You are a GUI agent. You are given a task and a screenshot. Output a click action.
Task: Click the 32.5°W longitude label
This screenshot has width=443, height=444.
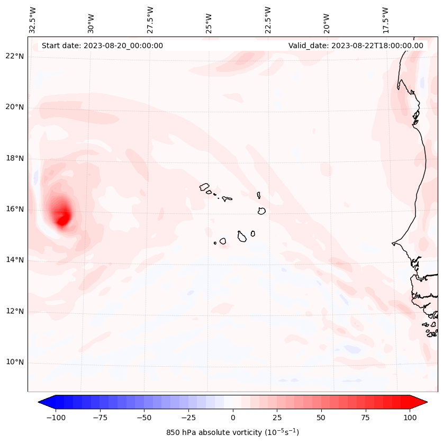[32, 21]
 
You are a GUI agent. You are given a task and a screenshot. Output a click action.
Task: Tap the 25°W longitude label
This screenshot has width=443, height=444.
[209, 23]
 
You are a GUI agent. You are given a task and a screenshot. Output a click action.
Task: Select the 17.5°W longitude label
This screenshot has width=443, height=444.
[385, 21]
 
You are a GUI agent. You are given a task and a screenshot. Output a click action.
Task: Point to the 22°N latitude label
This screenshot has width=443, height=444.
[15, 56]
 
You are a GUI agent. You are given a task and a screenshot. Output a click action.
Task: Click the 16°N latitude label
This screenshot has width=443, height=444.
[15, 209]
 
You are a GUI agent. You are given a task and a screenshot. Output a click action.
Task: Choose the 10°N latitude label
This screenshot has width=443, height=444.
[15, 362]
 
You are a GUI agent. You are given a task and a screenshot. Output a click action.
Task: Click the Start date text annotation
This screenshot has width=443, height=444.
[102, 46]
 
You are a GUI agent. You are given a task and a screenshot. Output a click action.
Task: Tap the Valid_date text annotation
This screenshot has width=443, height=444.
[356, 46]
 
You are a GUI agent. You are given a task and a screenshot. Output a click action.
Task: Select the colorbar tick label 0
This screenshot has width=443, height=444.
[233, 418]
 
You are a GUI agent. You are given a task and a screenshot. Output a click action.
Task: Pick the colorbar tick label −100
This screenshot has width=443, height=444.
[56, 418]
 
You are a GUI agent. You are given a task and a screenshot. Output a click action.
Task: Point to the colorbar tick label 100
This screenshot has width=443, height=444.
[410, 418]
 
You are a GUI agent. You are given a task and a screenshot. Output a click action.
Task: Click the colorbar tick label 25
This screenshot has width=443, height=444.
[277, 418]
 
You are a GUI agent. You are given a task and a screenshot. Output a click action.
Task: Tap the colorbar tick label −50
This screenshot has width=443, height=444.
[144, 418]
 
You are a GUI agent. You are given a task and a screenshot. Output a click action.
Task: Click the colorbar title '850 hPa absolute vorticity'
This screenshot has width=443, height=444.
[214, 432]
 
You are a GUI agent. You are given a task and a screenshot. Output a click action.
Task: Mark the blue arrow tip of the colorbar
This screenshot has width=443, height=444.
[39, 402]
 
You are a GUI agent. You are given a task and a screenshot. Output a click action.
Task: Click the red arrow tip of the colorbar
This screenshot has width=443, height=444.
[427, 402]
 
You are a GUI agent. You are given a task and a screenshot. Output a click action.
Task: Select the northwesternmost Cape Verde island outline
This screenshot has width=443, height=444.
[204, 187]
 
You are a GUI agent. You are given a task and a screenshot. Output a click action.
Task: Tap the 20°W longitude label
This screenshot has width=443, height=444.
[327, 23]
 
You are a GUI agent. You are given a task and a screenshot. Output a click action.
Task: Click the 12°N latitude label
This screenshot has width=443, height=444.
[15, 311]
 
